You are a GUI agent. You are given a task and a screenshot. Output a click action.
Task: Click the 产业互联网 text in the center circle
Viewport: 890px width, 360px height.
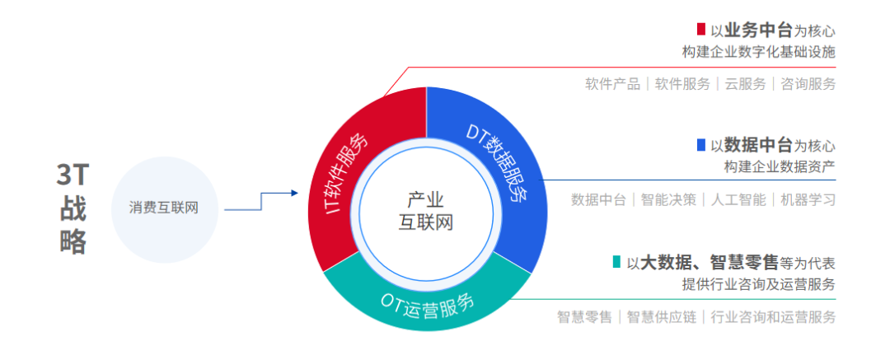click(x=427, y=211)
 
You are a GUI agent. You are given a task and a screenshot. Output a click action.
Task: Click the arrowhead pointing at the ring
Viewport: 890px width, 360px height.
click(x=293, y=194)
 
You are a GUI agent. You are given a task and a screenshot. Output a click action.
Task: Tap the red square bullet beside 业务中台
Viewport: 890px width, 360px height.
click(x=700, y=30)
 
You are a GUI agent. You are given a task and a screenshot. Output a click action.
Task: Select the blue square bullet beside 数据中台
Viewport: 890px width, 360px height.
click(x=700, y=145)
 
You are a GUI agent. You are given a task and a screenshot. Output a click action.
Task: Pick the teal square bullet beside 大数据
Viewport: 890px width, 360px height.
click(x=616, y=262)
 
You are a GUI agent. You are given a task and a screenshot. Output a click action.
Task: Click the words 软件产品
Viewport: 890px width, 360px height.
click(x=612, y=83)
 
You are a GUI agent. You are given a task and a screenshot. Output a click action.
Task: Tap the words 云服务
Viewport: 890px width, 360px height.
click(x=745, y=83)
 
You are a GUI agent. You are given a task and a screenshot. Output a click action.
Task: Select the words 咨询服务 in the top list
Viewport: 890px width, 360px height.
click(x=808, y=83)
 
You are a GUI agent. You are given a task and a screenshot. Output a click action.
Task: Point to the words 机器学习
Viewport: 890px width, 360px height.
click(x=808, y=199)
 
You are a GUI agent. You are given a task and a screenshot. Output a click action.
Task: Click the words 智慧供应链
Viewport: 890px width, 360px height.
click(x=661, y=316)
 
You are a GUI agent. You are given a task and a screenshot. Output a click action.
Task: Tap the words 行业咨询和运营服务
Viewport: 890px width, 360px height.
click(x=772, y=316)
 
